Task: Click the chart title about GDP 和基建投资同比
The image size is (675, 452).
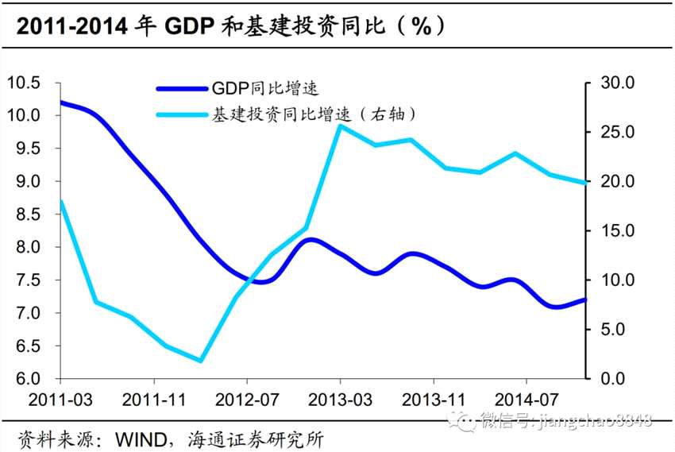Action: coord(230,25)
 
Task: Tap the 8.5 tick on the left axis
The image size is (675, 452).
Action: coord(27,214)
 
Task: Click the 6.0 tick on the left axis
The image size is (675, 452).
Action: coord(27,379)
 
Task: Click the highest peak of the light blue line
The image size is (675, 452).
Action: coord(340,126)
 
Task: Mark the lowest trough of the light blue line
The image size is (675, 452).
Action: coord(201,361)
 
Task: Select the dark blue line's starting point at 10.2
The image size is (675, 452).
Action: coord(62,102)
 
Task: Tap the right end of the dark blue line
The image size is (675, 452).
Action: coord(586,299)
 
